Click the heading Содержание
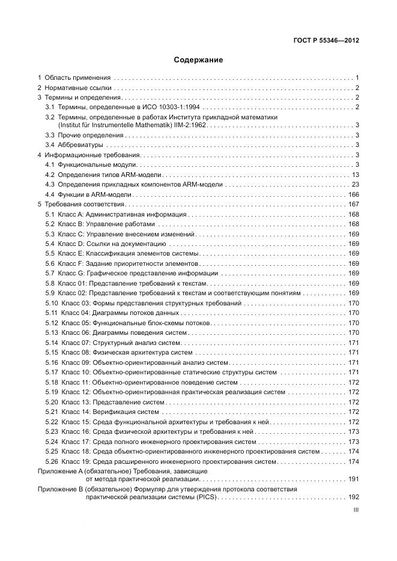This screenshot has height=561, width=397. [x=198, y=60]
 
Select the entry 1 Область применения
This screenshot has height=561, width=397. [x=74, y=78]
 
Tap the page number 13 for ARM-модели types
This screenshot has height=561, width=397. [x=355, y=175]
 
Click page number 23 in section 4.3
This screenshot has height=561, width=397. [x=355, y=184]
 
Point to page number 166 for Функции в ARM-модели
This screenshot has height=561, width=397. [x=353, y=194]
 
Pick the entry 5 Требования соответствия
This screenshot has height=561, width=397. [x=81, y=205]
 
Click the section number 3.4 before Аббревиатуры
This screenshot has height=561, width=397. [x=50, y=145]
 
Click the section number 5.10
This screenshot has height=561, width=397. [x=52, y=303]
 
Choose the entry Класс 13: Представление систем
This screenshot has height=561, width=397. [x=108, y=402]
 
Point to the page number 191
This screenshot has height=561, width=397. [x=353, y=479]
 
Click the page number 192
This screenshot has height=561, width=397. [x=353, y=497]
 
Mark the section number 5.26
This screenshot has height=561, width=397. [x=52, y=461]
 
